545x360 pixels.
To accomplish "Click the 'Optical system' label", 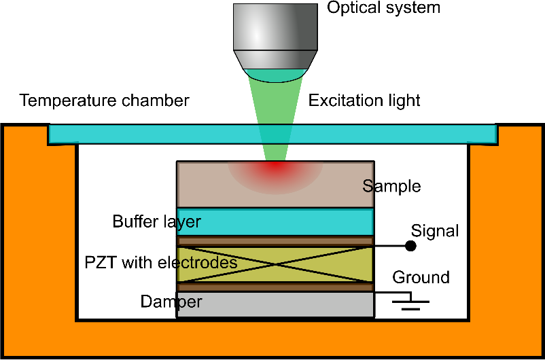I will coord(383,8).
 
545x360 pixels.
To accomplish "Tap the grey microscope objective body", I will coord(275,27).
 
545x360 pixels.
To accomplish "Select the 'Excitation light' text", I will coord(364,101).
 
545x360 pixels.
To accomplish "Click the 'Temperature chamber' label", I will coord(105,101).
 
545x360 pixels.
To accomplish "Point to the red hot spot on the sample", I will coord(275,167).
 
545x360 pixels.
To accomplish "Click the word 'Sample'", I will coord(391,186).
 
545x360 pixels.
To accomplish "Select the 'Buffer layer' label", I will coord(157,221).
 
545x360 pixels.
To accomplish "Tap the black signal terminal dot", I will coord(410,245).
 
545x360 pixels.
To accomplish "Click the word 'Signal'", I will coord(436,231).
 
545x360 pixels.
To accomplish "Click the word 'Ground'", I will coord(421,277).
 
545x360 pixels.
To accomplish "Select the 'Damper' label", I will coord(171,301).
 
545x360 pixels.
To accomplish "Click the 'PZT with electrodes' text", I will coord(161,262).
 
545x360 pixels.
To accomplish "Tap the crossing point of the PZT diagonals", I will coord(275,264).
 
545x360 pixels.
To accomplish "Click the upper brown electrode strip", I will coord(275,240).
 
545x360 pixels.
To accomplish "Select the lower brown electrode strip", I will coord(275,287).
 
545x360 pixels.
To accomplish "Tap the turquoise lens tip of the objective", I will coord(275,73).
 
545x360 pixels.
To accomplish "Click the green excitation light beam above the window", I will coord(275,102).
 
